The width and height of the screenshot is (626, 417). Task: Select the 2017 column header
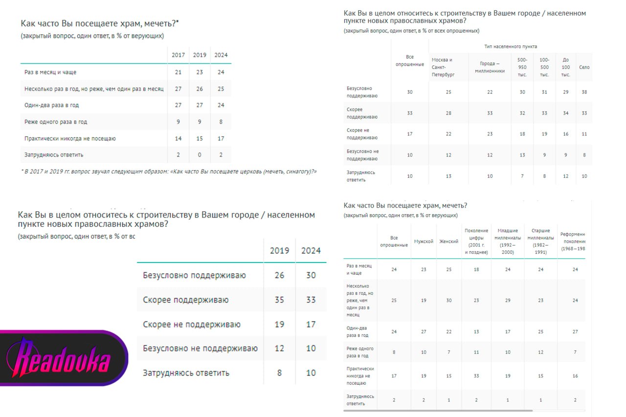(x=178, y=55)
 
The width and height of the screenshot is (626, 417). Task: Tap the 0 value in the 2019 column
(x=200, y=155)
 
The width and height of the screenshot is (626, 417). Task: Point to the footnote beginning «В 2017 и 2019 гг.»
(x=169, y=172)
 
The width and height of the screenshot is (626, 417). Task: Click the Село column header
(x=584, y=67)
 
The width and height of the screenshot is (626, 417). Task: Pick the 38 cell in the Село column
(x=584, y=92)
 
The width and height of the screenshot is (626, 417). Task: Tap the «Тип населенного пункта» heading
(x=510, y=46)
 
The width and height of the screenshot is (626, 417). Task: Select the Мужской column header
(x=424, y=241)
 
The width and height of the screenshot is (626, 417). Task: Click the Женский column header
(x=449, y=241)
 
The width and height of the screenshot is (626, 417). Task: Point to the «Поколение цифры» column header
(x=476, y=241)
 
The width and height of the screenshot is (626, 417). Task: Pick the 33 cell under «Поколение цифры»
(x=476, y=376)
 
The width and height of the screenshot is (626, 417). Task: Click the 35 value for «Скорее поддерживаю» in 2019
(x=279, y=300)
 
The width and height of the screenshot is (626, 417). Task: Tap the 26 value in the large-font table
(x=279, y=275)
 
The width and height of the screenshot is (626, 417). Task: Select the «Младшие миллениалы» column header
(x=508, y=241)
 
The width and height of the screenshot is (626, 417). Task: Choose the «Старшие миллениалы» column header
(x=540, y=241)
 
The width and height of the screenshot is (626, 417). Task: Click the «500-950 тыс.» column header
(x=522, y=67)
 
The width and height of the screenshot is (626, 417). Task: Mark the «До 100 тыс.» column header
(x=566, y=67)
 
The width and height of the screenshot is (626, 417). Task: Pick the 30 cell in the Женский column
(x=449, y=300)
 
